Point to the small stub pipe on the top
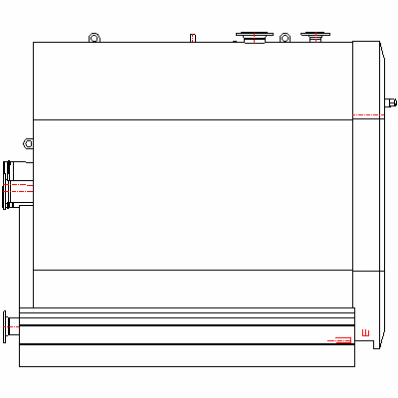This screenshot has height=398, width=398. pyautogui.click(x=193, y=38)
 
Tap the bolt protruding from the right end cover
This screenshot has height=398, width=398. pyautogui.click(x=391, y=102)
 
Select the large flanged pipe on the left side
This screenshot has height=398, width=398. pyautogui.click(x=18, y=185)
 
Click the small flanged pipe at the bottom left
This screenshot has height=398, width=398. pyautogui.click(x=11, y=327)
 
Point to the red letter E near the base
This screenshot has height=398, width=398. pyautogui.click(x=366, y=333)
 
